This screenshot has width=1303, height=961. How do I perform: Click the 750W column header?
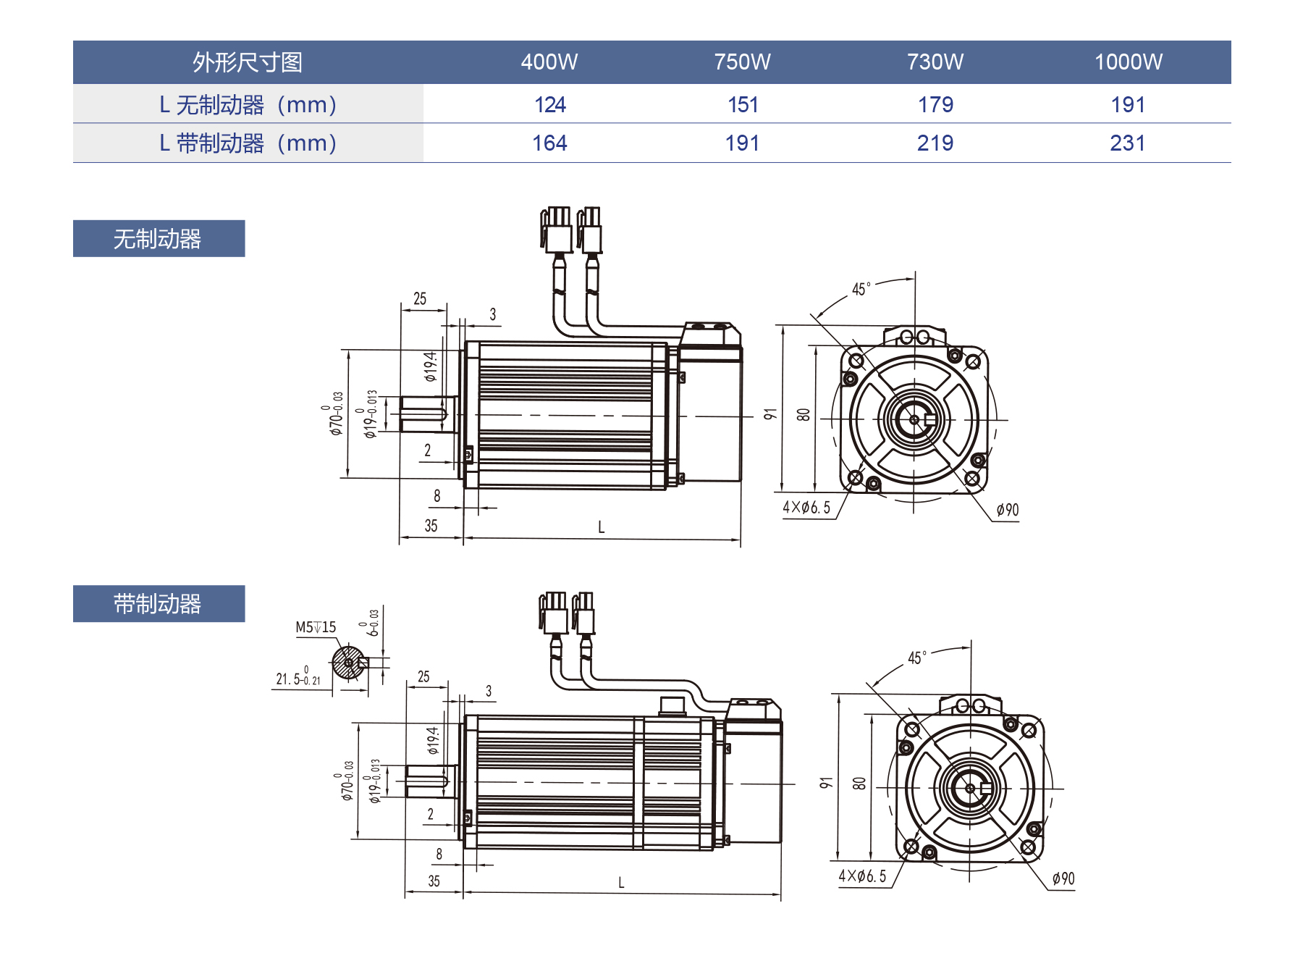pos(742,62)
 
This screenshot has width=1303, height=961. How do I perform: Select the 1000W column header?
pos(1128,62)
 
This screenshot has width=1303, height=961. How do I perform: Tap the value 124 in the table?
pos(549,105)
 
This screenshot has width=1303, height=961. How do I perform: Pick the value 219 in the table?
pos(935,143)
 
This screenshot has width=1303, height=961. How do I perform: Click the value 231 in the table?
pos(1127,143)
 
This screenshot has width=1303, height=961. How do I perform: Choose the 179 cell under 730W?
pos(935,105)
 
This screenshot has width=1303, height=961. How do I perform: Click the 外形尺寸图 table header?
pos(248,62)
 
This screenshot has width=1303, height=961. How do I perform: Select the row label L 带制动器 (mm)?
pos(248,143)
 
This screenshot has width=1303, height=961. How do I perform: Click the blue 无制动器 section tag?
pos(159,239)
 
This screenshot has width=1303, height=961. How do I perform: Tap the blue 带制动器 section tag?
pos(159,604)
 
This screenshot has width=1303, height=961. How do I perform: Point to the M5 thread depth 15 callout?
pos(316,627)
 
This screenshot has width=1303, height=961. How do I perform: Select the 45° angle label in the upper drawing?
pos(861,290)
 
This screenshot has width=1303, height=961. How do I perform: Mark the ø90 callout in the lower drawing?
pos(1063,878)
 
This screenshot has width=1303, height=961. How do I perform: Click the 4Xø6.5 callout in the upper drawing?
pos(806,508)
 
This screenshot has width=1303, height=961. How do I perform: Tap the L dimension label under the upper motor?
pos(601,527)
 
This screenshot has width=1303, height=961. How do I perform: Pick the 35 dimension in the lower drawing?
pos(434,881)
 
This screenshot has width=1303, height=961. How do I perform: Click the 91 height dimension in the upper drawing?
pos(769,414)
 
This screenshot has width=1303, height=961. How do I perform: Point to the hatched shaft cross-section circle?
pos(348,662)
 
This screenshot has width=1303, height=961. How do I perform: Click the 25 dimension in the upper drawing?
pos(420,299)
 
